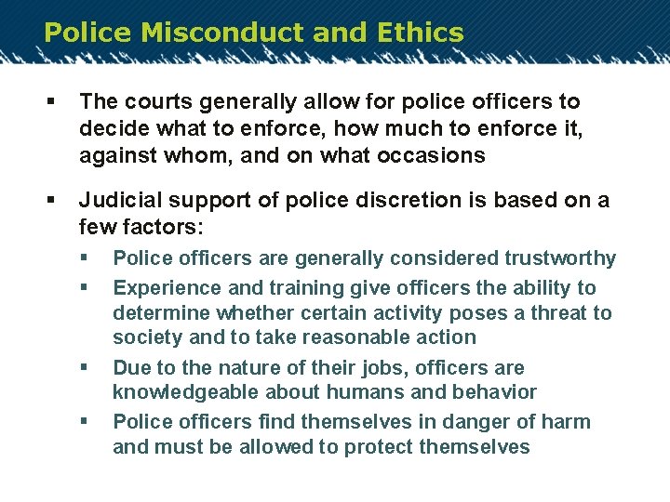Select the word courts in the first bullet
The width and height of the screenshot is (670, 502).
click(x=148, y=101)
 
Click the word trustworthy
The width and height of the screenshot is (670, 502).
click(x=560, y=258)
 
